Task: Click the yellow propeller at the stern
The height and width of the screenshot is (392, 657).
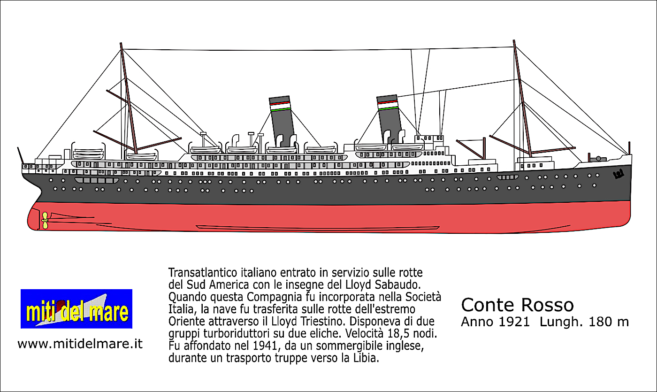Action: (x=45, y=220)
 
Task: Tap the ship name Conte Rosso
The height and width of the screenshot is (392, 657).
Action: (x=517, y=305)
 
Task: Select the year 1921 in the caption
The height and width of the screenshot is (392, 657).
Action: (x=514, y=322)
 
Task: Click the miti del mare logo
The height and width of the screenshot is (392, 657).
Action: (x=76, y=309)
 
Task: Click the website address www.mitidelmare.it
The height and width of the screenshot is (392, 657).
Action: (x=80, y=344)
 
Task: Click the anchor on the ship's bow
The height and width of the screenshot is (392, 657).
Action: (x=619, y=175)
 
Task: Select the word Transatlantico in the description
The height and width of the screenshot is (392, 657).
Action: (x=203, y=273)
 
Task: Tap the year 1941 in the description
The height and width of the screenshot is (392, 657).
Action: (x=265, y=346)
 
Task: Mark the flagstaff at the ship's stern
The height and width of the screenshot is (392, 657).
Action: (x=20, y=155)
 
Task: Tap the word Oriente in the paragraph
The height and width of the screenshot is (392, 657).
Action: (x=187, y=321)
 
